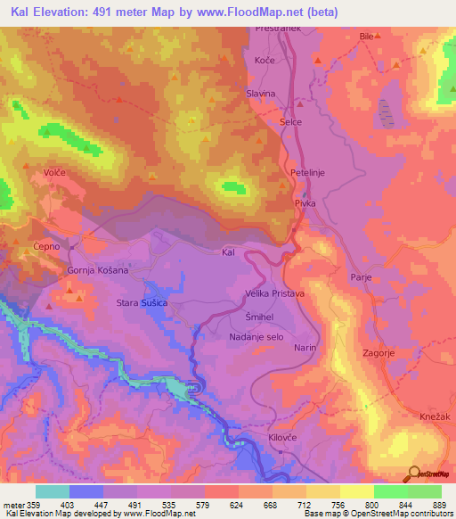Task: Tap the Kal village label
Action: (x=228, y=253)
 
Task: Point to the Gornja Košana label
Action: (x=98, y=270)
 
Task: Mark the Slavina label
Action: (x=261, y=94)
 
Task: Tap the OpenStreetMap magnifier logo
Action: (x=413, y=474)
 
